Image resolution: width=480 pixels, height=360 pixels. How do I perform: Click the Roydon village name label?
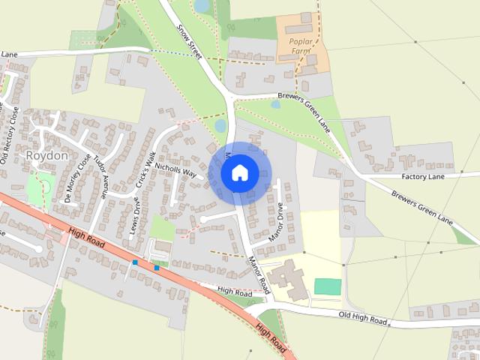click(x=47, y=155)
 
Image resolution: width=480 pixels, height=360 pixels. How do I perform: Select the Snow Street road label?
click(x=190, y=40)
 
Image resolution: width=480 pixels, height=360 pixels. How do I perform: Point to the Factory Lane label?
click(x=423, y=176)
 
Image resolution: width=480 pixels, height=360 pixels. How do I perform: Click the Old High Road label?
click(x=362, y=319)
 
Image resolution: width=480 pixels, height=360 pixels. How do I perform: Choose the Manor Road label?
click(x=259, y=275)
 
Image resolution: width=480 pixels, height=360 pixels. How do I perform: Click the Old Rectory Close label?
click(x=8, y=136)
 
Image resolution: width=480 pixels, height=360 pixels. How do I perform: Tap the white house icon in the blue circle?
click(x=239, y=173)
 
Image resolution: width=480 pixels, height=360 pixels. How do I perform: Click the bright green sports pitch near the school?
click(x=327, y=286)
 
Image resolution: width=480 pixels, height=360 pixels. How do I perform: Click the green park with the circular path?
click(x=37, y=188)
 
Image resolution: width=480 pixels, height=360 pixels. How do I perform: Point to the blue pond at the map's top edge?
click(x=202, y=6)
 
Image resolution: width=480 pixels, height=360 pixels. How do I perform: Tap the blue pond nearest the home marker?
click(x=220, y=125)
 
